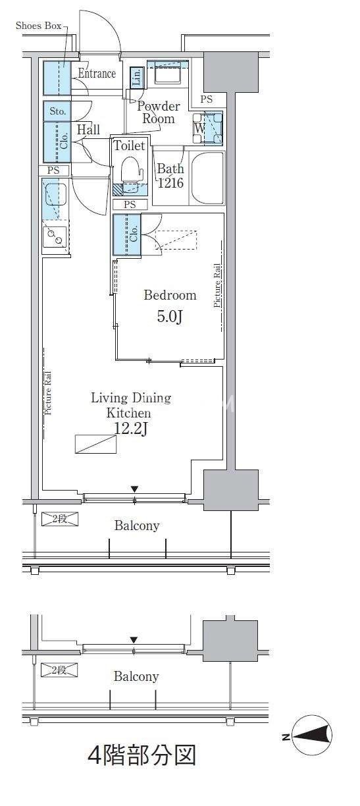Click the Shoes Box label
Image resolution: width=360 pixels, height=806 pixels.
point(38,26)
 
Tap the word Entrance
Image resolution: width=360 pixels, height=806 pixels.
point(97,73)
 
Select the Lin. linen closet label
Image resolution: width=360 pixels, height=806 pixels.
point(137,77)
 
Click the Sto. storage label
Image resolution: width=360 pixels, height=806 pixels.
point(57,111)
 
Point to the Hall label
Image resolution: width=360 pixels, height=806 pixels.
point(88,130)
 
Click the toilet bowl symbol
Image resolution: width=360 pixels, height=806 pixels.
point(131,169)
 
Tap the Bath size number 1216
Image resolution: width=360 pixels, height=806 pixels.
point(171,183)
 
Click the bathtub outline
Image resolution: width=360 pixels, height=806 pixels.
point(207,178)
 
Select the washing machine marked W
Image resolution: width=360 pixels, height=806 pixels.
point(208,128)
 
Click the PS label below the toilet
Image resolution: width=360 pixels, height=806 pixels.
point(130,205)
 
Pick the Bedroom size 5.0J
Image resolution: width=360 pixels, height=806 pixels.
point(170,317)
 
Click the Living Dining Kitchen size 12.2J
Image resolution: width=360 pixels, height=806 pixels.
point(130,429)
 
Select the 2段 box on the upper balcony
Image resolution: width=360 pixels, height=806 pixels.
point(60,519)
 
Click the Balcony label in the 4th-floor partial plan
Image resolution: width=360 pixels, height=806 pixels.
point(136,676)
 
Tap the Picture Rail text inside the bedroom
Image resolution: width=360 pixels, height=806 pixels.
point(217,286)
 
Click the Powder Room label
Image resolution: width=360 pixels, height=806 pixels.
point(158,112)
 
